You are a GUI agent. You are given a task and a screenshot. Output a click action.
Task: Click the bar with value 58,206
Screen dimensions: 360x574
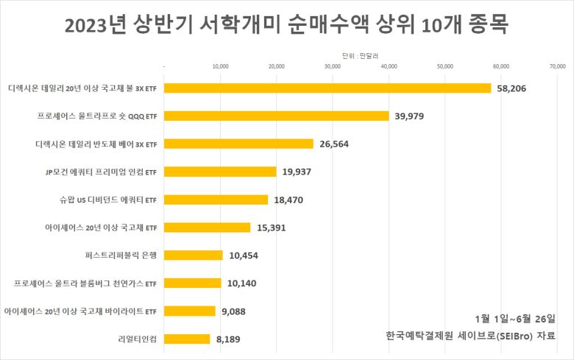pos(327,88)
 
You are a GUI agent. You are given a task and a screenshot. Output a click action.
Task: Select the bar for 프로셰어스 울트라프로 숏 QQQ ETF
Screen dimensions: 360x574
pos(277,116)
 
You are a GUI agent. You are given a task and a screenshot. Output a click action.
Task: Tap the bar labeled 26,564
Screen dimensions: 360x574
pos(239,144)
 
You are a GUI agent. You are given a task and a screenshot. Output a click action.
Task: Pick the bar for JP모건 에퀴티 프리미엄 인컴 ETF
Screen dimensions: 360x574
pos(221,172)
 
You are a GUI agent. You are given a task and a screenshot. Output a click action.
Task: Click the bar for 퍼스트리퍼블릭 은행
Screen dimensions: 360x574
pos(194,255)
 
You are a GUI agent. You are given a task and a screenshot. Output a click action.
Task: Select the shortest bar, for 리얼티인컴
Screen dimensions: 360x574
pos(188,339)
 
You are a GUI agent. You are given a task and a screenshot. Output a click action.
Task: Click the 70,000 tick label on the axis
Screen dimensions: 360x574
pos(556,66)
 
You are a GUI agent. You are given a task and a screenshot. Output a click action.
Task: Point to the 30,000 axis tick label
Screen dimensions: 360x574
pos(333,66)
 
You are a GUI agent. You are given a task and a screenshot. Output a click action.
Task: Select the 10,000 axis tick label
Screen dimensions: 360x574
pos(221,66)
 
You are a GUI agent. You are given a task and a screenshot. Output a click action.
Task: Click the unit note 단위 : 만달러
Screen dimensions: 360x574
pos(360,55)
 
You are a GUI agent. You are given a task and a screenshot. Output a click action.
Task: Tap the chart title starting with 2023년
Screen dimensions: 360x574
pos(286,25)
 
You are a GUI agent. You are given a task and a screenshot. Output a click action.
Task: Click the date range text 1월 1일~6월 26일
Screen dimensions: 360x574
pos(515,318)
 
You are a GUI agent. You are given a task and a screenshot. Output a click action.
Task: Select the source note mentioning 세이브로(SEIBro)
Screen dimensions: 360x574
pos(470,335)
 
